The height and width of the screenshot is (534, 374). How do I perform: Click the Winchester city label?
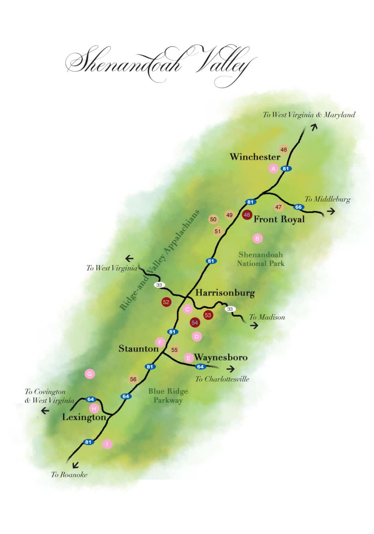pos(255,157)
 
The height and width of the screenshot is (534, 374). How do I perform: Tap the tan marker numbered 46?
pos(284,150)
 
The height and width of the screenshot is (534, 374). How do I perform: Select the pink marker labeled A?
pos(273,169)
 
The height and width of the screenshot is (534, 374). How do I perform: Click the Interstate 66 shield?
pos(298,207)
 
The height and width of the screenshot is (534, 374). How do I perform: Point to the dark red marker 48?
pos(247,215)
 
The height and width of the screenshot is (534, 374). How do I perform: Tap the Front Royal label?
pos(279,219)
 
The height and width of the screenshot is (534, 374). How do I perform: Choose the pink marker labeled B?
pos(257,238)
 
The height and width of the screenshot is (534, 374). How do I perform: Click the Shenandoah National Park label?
pos(261,259)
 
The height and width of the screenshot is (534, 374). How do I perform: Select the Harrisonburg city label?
pos(225,293)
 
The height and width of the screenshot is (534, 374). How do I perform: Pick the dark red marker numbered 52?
pos(166,302)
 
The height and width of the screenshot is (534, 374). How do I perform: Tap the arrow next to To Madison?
pos(254,326)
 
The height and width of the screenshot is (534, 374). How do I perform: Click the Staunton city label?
pos(138,349)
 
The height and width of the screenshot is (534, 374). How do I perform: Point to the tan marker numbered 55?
pos(174,350)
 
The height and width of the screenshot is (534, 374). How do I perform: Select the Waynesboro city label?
pos(221,357)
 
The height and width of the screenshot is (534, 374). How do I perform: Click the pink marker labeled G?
pos(90,374)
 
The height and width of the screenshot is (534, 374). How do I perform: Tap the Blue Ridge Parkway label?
pos(168,396)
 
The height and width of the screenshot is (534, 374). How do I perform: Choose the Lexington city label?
pos(84,417)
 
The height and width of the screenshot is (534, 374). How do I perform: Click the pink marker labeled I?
pos(108,444)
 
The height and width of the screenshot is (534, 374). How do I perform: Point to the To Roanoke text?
pos(69,475)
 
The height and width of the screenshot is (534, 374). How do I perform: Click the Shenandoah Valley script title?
pos(160,64)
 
